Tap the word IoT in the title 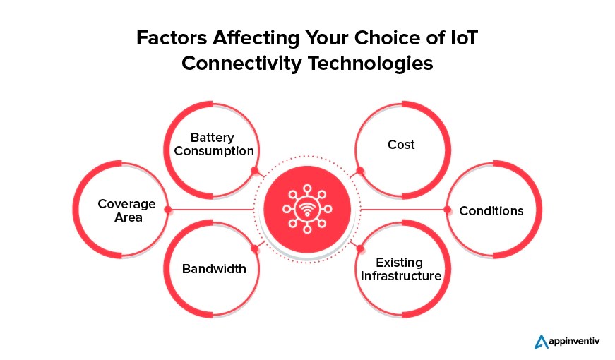click(462, 39)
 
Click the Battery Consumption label click(214, 144)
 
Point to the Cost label click(401, 145)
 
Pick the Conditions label click(491, 210)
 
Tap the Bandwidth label click(214, 268)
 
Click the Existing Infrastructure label click(401, 269)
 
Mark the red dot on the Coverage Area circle click(167, 210)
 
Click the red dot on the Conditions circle click(446, 210)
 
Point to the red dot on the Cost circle click(360, 171)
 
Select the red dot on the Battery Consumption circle click(254, 170)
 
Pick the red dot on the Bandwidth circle click(254, 248)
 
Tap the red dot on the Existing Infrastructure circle click(360, 248)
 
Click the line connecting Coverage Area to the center click(212, 210)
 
